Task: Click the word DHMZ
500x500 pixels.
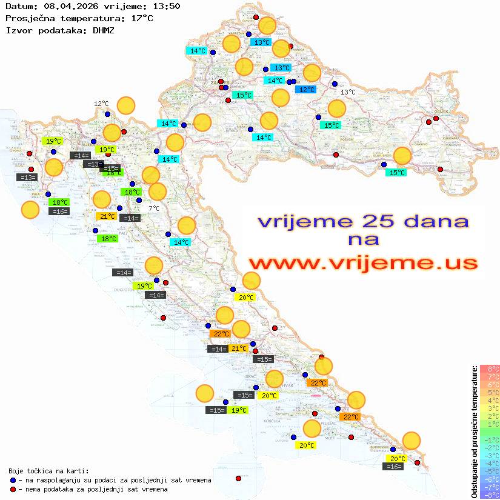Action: coord(103,30)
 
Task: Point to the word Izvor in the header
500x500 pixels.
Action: coord(18,30)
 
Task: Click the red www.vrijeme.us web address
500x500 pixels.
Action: coord(362,262)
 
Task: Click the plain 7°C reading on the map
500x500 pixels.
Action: coord(154,208)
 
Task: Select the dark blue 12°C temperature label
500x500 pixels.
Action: coord(305,90)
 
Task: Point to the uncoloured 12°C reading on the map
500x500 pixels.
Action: coord(101,104)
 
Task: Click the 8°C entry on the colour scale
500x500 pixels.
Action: coord(489,368)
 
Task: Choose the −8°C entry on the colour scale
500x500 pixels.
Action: coord(489,495)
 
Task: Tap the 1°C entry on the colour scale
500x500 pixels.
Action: coord(489,424)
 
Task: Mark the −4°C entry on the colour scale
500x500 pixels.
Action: coord(489,463)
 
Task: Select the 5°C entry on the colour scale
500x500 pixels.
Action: coord(489,392)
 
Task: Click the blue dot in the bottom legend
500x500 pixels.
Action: coord(13,480)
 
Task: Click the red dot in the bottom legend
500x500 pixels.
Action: coord(13,489)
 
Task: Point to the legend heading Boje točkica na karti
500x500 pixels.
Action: coord(48,471)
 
